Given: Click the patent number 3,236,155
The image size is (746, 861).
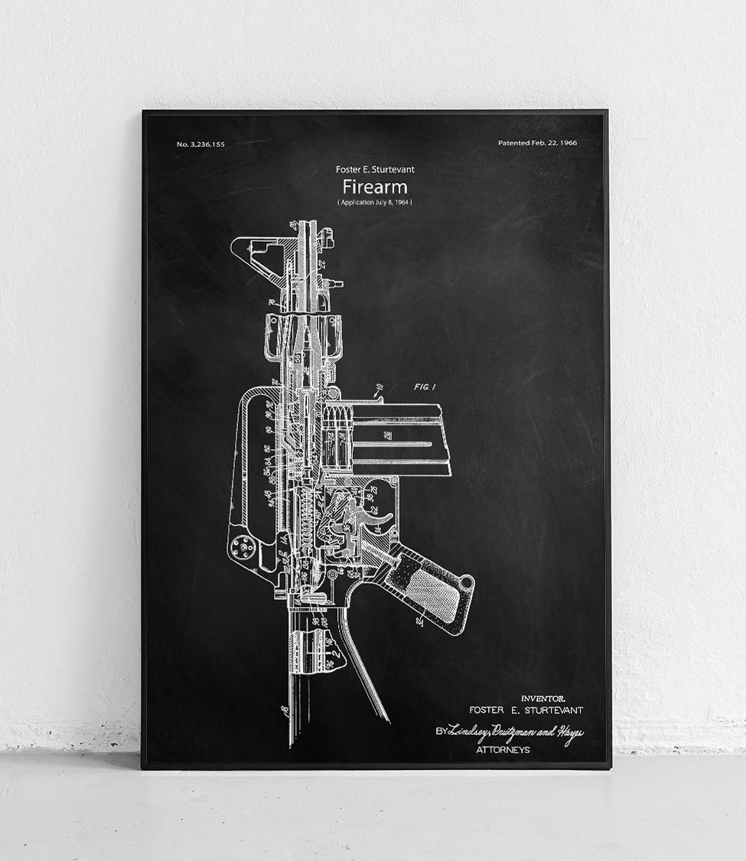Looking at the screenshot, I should coord(200,144).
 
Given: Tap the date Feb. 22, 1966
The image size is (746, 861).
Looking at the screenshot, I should coord(537,143).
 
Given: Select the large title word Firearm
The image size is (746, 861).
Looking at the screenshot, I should coord(374,187).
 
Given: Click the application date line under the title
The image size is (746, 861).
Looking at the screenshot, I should coord(374,202).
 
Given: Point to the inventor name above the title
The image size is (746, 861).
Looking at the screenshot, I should coord(374,169).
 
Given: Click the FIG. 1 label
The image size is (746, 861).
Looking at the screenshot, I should coord(425,387).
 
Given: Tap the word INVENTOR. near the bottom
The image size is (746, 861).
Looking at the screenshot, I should coord(542,698).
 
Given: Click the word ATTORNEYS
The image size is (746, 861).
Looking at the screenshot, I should coord(503,750).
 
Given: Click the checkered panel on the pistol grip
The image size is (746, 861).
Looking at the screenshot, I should coord(432,589).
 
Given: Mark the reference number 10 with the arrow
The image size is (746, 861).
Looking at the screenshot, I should coord(377,387).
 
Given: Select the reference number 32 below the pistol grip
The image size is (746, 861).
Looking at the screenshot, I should coord(420,622).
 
